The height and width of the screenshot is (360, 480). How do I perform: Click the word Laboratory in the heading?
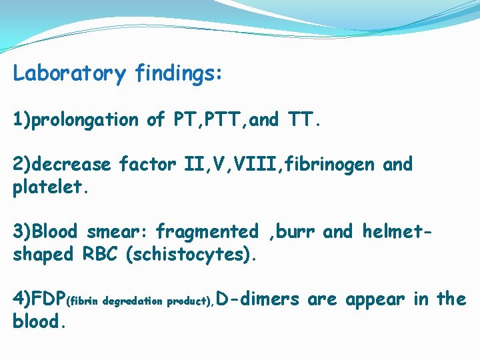[69, 73]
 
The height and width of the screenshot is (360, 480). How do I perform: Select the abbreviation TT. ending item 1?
[307, 120]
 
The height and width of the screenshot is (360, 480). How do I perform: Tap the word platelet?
[50, 187]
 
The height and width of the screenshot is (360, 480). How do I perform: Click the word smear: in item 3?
[118, 232]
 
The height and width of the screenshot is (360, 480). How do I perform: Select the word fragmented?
[207, 232]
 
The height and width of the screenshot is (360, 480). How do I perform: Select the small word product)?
[190, 301]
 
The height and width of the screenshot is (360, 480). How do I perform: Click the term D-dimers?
[259, 299]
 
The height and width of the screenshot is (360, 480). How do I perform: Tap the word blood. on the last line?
[39, 322]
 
